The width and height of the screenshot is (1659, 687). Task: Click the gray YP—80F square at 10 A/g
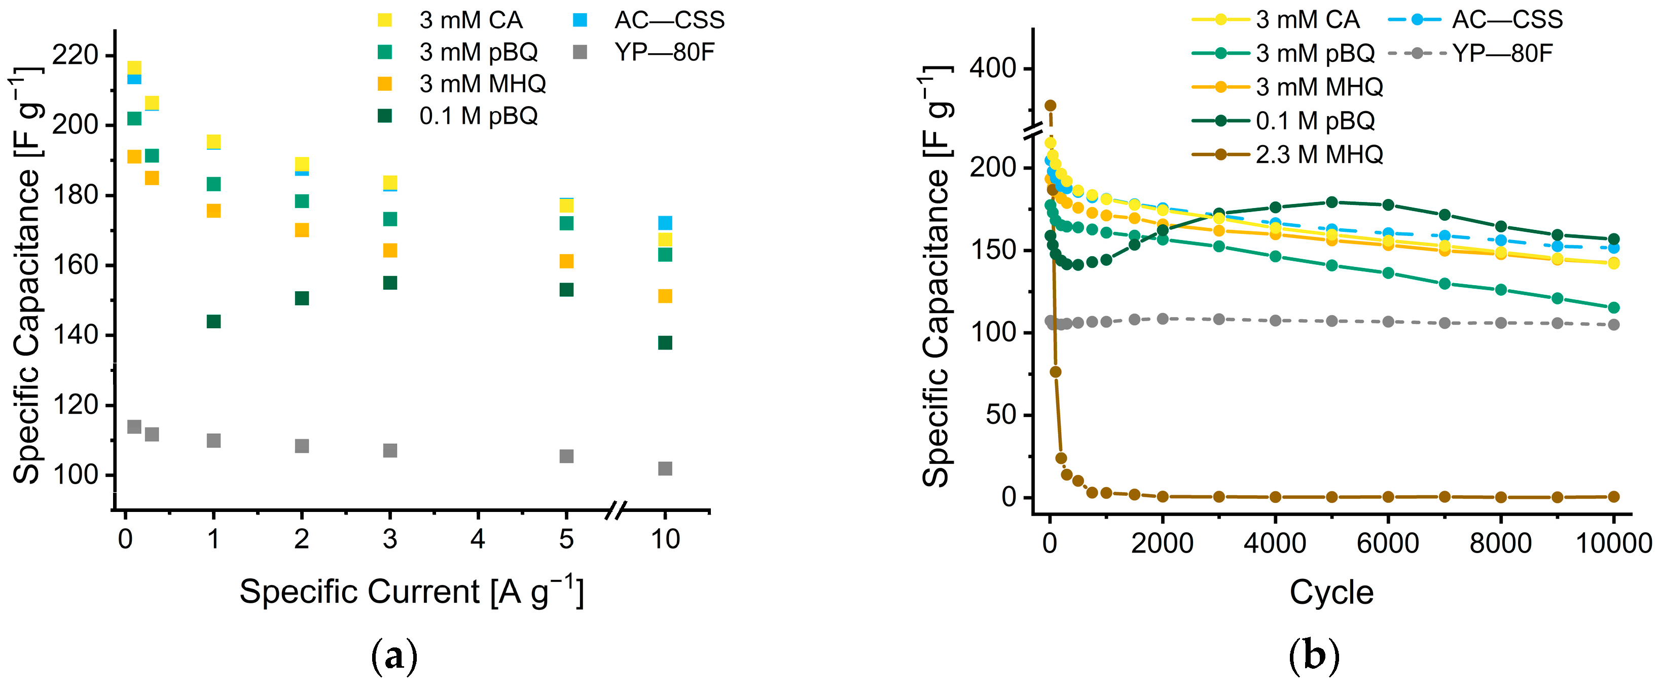click(665, 468)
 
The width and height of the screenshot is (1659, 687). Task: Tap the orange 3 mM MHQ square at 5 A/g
click(566, 261)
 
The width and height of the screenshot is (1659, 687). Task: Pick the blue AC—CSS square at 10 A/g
click(665, 223)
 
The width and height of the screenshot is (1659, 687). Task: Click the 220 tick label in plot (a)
click(75, 55)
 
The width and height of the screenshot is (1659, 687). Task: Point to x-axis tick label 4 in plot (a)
click(477, 539)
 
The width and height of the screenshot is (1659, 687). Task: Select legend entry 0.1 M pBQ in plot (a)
click(478, 116)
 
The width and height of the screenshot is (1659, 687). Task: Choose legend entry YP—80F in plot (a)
click(664, 52)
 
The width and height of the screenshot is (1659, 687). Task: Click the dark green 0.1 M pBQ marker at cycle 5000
click(1332, 202)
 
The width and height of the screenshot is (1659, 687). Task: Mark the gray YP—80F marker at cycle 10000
click(1613, 325)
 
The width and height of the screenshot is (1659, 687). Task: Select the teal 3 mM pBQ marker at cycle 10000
click(1613, 307)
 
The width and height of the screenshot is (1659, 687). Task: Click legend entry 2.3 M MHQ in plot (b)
click(1318, 155)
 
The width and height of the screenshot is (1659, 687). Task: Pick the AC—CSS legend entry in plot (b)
click(1506, 19)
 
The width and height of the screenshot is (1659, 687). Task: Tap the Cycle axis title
click(1331, 592)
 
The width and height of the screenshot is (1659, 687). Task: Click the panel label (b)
click(1314, 656)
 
